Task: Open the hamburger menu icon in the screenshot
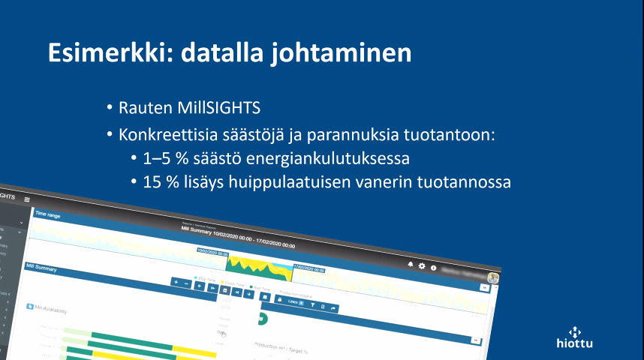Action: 27,199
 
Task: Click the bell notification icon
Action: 411,265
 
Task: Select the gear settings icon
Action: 422,266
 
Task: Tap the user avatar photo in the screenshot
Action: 493,278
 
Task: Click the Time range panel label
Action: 47,214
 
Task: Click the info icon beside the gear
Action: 433,268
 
